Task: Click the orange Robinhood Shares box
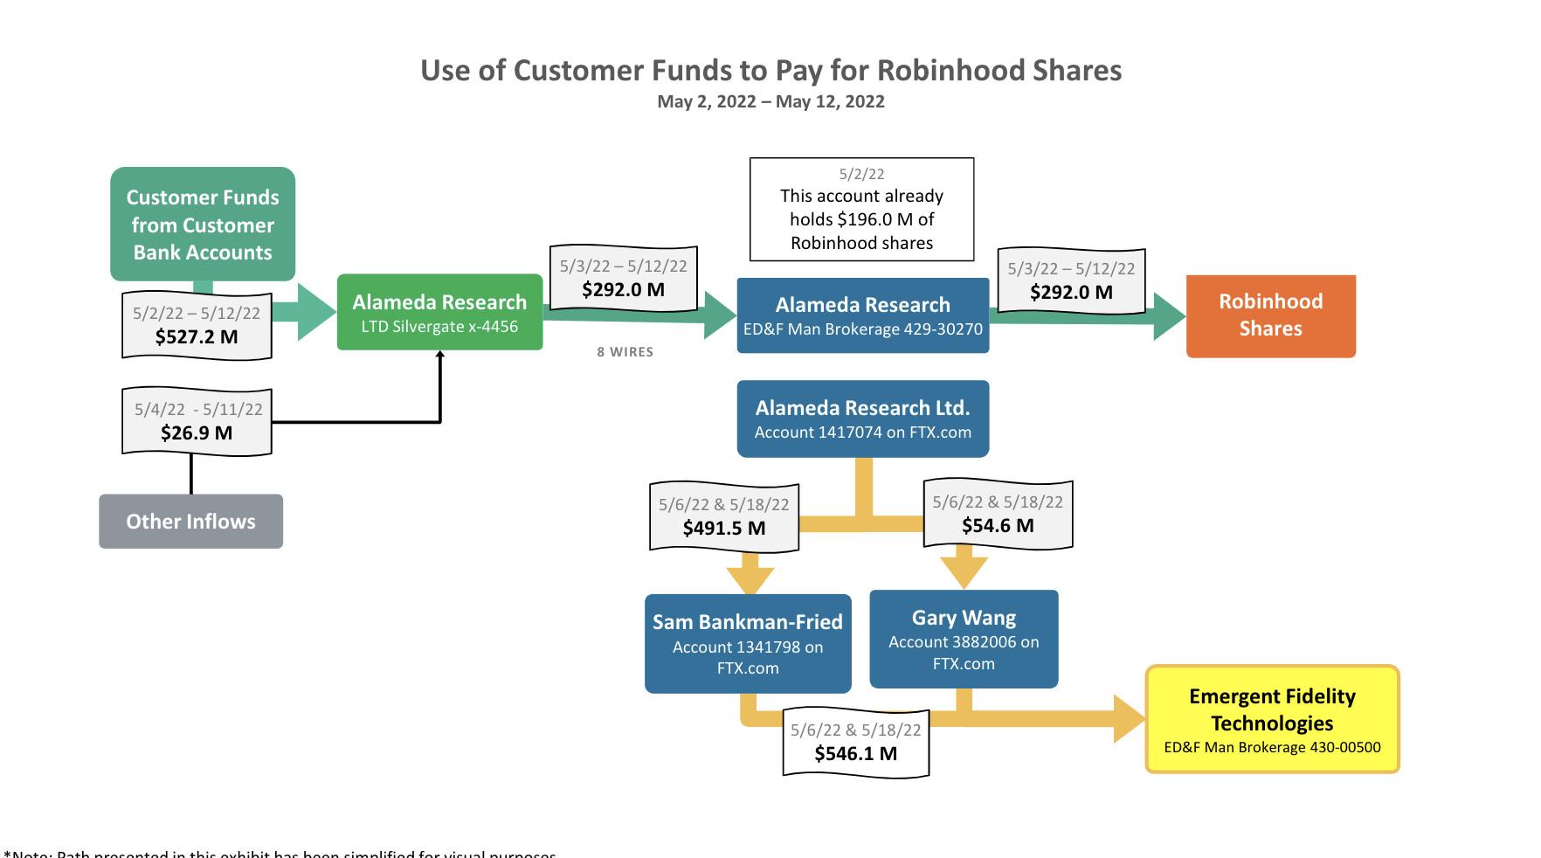pyautogui.click(x=1270, y=315)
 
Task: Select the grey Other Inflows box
pyautogui.click(x=190, y=522)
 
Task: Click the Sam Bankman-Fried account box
pyautogui.click(x=748, y=644)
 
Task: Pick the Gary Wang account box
pyautogui.click(x=964, y=640)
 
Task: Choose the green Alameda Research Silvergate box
pyautogui.click(x=439, y=312)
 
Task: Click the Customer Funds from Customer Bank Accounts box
pyautogui.click(x=203, y=225)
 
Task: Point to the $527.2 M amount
pyautogui.click(x=197, y=337)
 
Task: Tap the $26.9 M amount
pyautogui.click(x=197, y=433)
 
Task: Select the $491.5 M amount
pyautogui.click(x=724, y=529)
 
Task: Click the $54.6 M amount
pyautogui.click(x=998, y=526)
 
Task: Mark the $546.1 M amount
pyautogui.click(x=856, y=754)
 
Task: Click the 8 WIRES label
pyautogui.click(x=625, y=352)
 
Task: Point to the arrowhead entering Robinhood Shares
pyautogui.click(x=1169, y=316)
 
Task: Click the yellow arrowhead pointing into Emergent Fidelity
pyautogui.click(x=1129, y=719)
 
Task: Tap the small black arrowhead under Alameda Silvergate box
pyautogui.click(x=440, y=354)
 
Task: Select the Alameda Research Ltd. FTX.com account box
pyautogui.click(x=863, y=419)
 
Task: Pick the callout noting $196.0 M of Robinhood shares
pyautogui.click(x=861, y=210)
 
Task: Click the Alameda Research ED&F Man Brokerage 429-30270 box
pyautogui.click(x=863, y=315)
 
